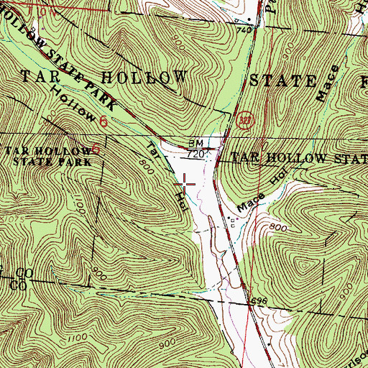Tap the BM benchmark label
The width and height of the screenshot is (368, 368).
[x=196, y=144]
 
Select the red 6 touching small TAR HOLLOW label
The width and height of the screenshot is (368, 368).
[x=95, y=150]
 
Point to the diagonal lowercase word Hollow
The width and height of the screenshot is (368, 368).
[x=73, y=106]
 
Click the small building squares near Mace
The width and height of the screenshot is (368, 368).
[x=231, y=220]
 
